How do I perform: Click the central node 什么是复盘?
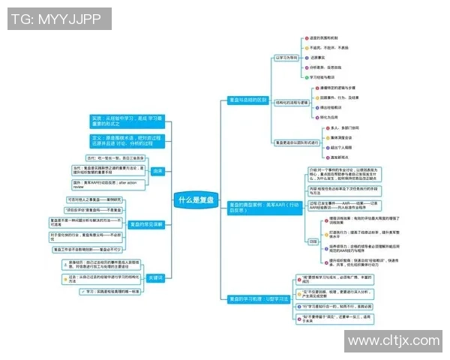click(196, 200)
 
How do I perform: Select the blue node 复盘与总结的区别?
click(247, 100)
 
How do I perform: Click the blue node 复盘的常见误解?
click(145, 224)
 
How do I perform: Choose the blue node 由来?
click(157, 171)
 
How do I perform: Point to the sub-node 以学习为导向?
click(286, 56)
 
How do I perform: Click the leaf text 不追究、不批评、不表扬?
click(328, 47)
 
